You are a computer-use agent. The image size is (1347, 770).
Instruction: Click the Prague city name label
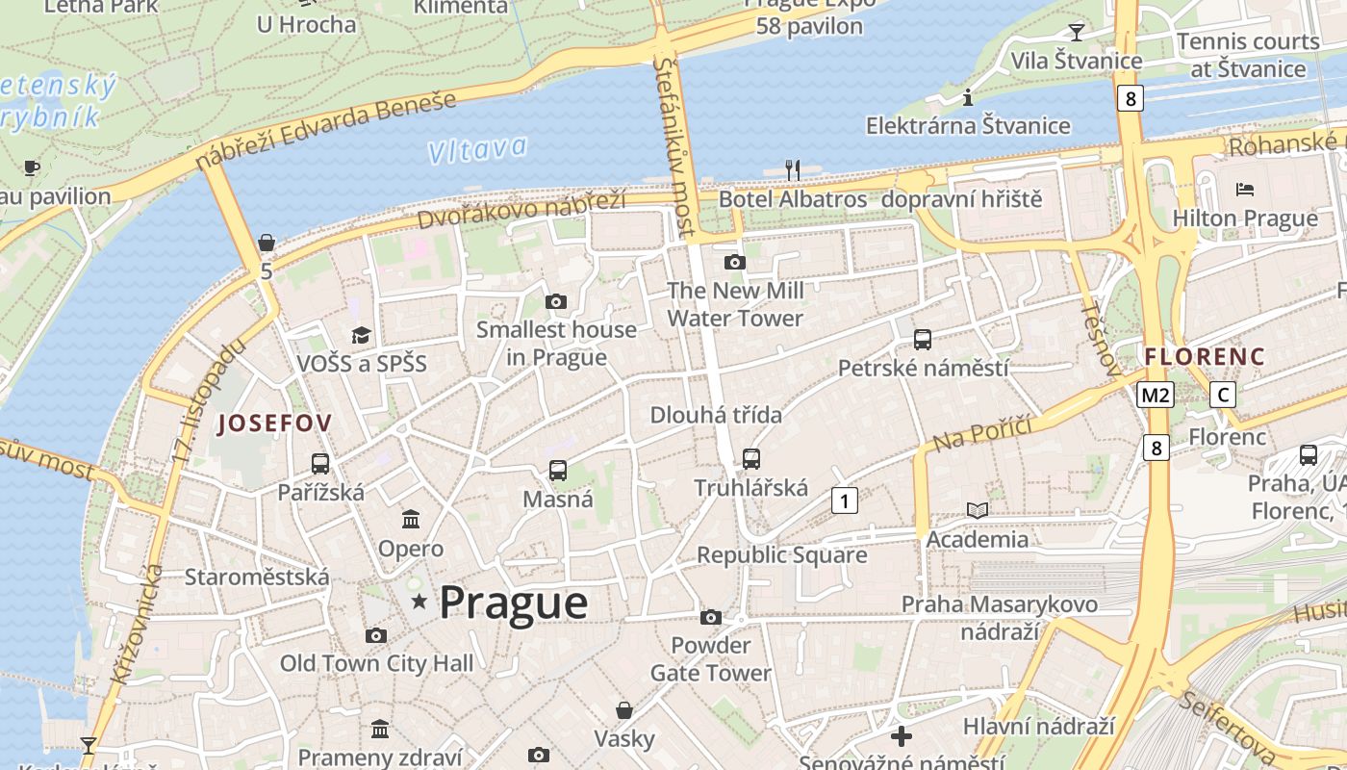[513, 603]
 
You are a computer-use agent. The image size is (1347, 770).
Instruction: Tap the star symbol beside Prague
[419, 603]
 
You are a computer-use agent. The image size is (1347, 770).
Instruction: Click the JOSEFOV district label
[275, 423]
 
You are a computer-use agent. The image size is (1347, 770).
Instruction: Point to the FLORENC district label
[1205, 356]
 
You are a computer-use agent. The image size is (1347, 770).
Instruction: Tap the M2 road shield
[1155, 395]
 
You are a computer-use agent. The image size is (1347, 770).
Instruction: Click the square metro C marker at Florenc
[1223, 395]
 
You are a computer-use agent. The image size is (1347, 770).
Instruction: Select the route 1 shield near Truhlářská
[844, 500]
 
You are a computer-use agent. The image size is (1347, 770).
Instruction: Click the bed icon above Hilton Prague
[1245, 189]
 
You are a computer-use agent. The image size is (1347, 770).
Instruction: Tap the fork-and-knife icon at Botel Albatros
[793, 170]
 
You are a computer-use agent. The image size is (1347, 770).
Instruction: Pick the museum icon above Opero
[411, 520]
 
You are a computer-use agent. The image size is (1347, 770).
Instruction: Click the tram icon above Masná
[558, 471]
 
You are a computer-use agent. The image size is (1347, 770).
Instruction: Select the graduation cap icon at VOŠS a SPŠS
[361, 335]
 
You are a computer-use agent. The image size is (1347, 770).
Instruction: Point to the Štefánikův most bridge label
[673, 144]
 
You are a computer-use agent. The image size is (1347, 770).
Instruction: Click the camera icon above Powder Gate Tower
[711, 617]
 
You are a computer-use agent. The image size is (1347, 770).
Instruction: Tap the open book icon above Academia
[978, 510]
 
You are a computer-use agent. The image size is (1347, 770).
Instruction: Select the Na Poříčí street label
[981, 434]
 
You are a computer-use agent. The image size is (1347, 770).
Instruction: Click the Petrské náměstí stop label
[923, 368]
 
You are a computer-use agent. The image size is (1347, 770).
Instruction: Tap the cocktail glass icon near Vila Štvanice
[1077, 33]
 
